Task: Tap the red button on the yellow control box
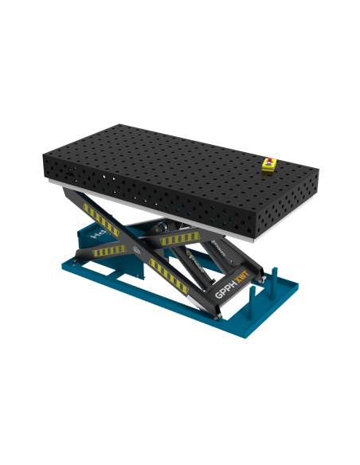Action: point(268,162)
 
